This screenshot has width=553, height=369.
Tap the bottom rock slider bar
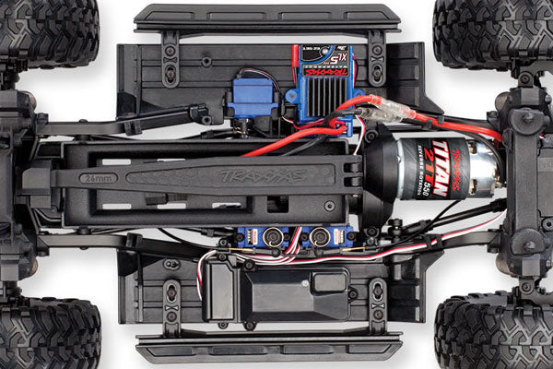[267, 348]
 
